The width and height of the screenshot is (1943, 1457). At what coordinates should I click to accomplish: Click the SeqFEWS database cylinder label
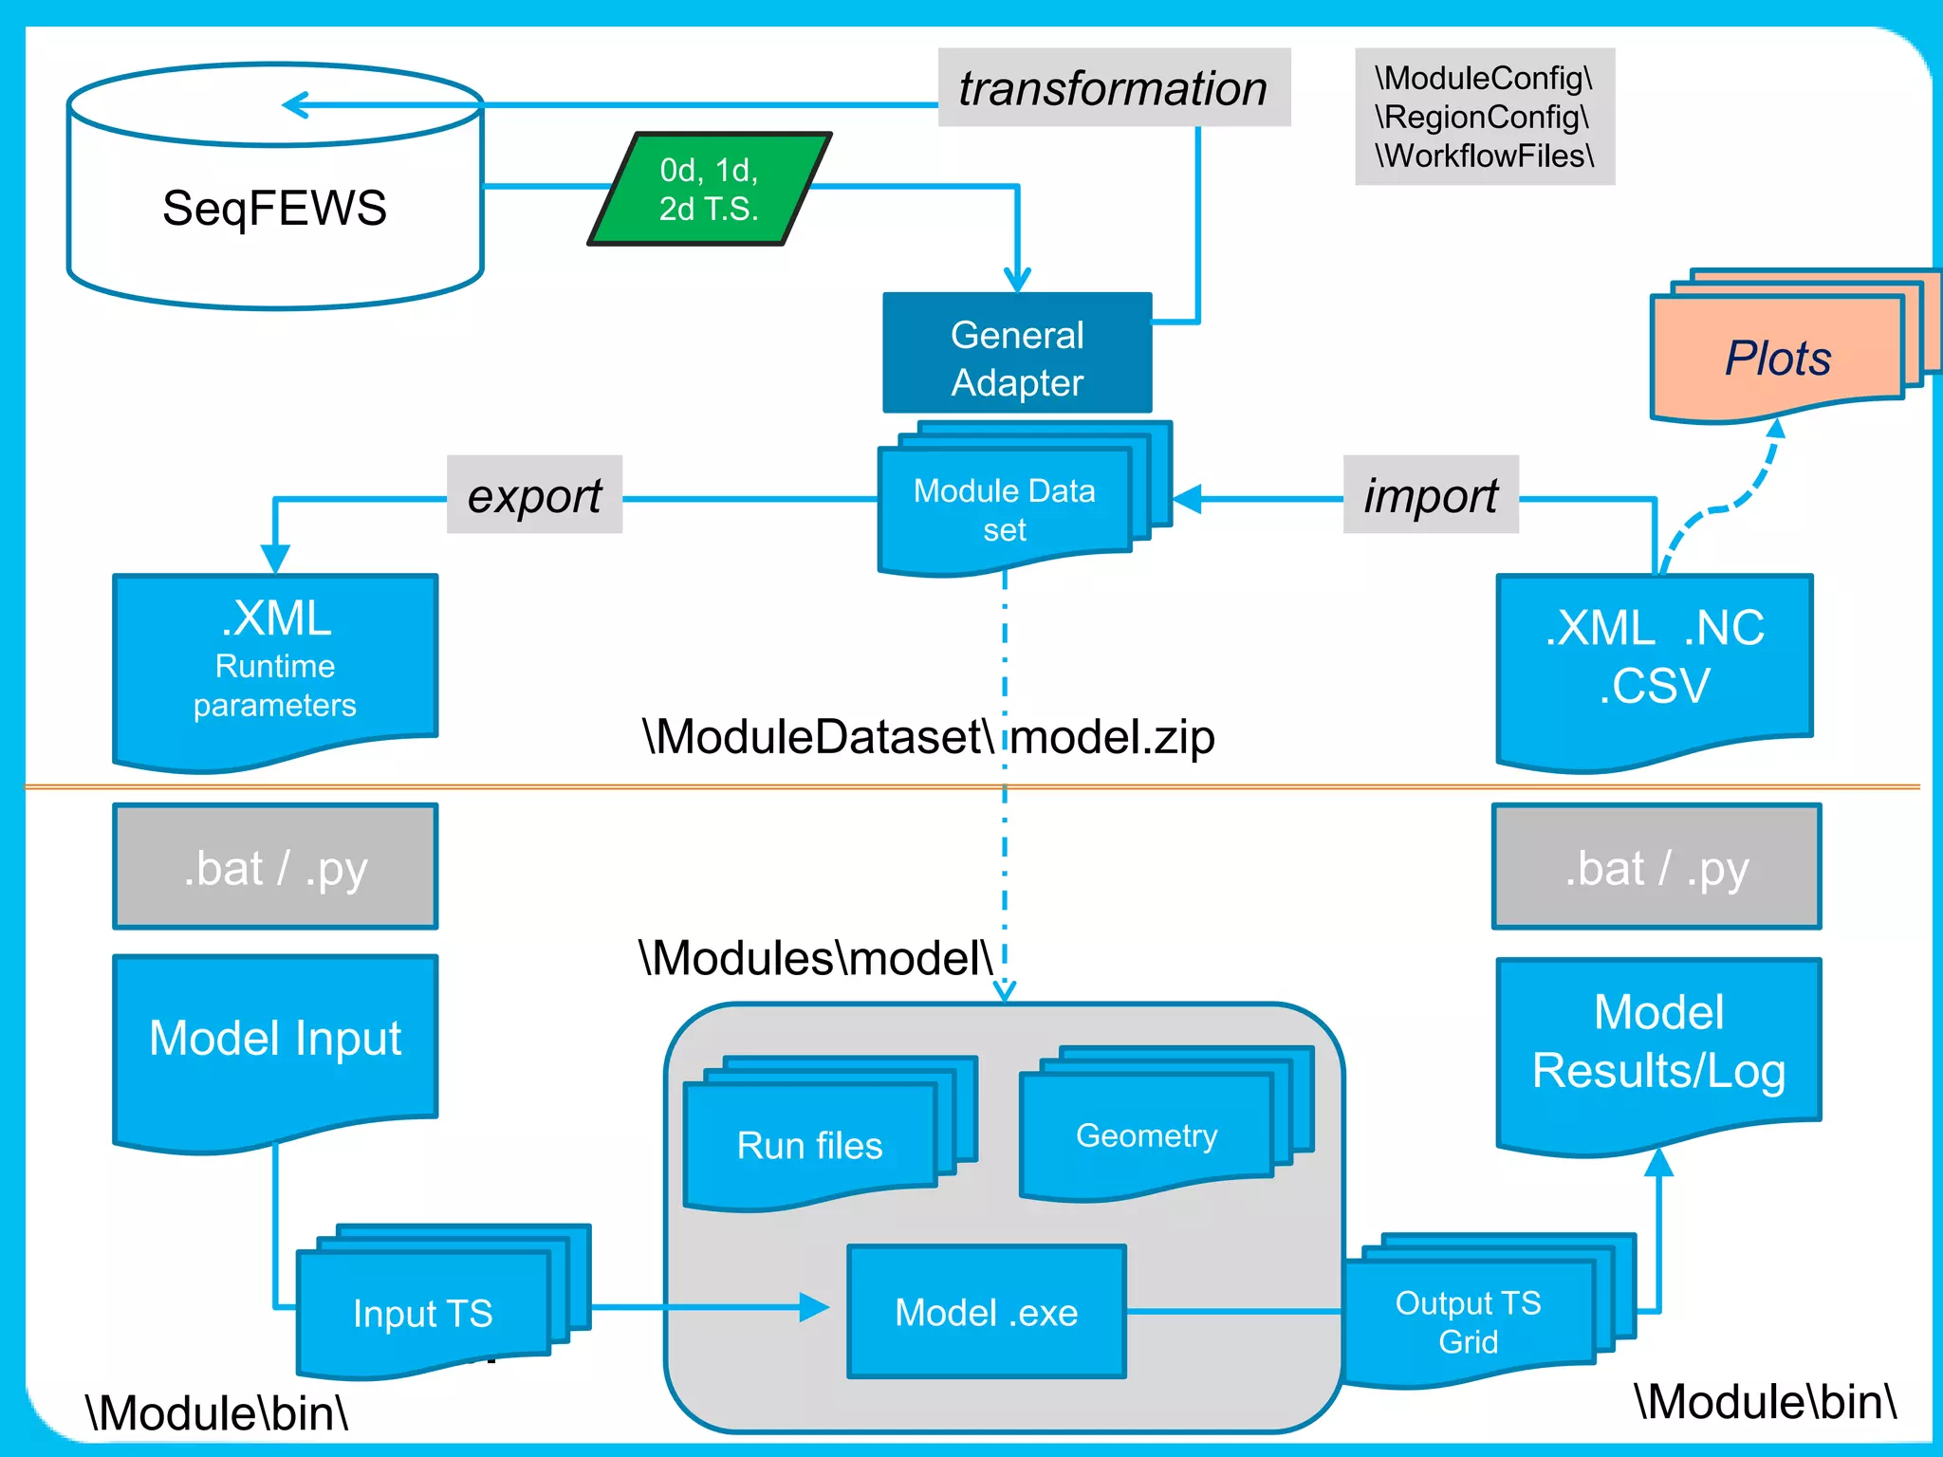tap(274, 208)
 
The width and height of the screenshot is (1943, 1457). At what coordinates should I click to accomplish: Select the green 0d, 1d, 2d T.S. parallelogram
tap(710, 189)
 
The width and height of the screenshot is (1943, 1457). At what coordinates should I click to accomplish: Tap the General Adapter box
tap(1017, 358)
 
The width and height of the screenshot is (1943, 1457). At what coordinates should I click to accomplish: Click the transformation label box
tap(1113, 88)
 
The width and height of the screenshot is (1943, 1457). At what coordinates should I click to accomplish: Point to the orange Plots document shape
tap(1777, 359)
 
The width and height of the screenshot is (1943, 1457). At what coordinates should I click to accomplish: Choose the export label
tap(534, 495)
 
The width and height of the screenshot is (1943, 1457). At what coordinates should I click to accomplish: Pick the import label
tap(1431, 495)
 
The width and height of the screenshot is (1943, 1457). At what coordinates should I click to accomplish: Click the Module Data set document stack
tap(1005, 509)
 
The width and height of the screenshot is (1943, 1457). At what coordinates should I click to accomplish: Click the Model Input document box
tap(275, 1039)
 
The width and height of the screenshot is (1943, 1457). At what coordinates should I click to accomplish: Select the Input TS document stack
tap(423, 1313)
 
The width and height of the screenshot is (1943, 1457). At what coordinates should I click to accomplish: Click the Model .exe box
tap(987, 1312)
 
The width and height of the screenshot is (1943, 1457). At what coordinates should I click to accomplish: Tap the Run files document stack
tap(810, 1145)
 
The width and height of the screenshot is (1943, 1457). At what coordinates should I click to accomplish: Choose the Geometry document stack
tap(1146, 1134)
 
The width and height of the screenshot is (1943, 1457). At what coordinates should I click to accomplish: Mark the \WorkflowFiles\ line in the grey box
tap(1485, 156)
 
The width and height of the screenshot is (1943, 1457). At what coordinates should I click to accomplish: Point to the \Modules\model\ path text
tap(816, 958)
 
